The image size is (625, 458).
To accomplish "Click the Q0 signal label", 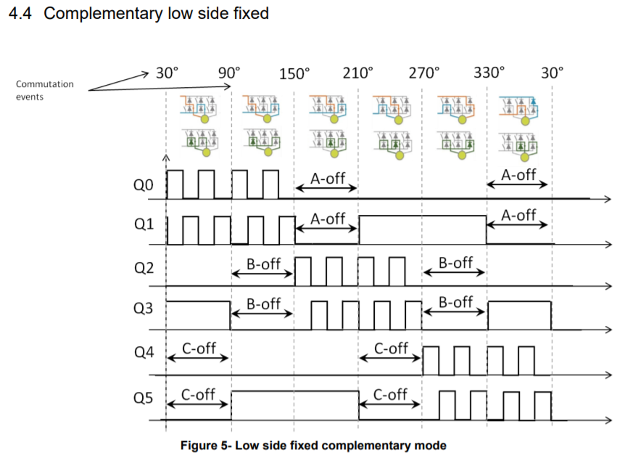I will pyautogui.click(x=144, y=186).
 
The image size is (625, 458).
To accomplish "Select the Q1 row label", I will pyautogui.click(x=144, y=225).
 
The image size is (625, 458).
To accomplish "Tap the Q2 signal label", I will pyautogui.click(x=144, y=269).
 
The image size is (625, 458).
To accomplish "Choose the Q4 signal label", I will pyautogui.click(x=144, y=353).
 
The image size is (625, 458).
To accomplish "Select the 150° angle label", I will pyautogui.click(x=294, y=73).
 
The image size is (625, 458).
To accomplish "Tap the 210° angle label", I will pyautogui.click(x=358, y=73).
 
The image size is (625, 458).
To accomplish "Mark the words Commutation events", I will pyautogui.click(x=44, y=90).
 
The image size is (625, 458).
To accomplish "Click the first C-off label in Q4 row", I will pyautogui.click(x=198, y=348).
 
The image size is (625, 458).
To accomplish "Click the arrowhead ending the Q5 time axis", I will pyautogui.click(x=607, y=420).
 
